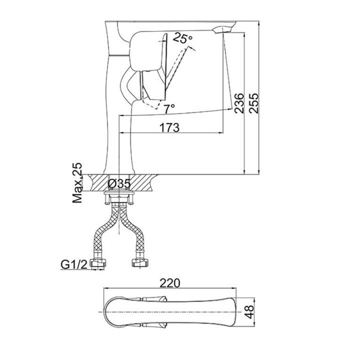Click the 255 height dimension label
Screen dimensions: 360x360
tap(253, 101)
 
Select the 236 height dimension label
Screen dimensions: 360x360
tap(239, 102)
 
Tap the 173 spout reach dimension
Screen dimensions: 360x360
tap(169, 127)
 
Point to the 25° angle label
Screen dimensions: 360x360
tap(183, 39)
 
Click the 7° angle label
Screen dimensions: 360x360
tap(169, 107)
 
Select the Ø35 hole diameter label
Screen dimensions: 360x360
tap(119, 183)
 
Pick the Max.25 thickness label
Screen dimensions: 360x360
tap(78, 183)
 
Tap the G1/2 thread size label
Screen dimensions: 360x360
tap(73, 265)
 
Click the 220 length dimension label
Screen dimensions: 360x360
tap(170, 284)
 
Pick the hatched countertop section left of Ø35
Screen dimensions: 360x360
tap(94, 181)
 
